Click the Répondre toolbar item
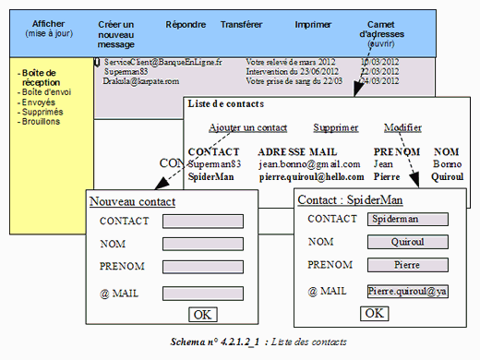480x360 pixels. [x=186, y=25]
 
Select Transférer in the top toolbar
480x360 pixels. [x=241, y=25]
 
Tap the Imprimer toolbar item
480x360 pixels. [x=313, y=25]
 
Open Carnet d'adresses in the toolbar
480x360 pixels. [x=380, y=34]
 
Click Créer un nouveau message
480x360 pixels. [x=121, y=34]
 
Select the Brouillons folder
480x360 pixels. [x=43, y=123]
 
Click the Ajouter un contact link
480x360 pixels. [x=247, y=128]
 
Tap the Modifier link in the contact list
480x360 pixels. [x=403, y=128]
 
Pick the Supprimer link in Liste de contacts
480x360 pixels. [x=336, y=128]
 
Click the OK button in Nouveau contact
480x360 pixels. [x=202, y=315]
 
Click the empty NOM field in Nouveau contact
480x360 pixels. [x=202, y=244]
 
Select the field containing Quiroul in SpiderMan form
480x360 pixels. [x=406, y=242]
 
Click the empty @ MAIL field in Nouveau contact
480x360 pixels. [x=202, y=292]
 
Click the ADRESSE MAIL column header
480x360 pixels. [x=297, y=151]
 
